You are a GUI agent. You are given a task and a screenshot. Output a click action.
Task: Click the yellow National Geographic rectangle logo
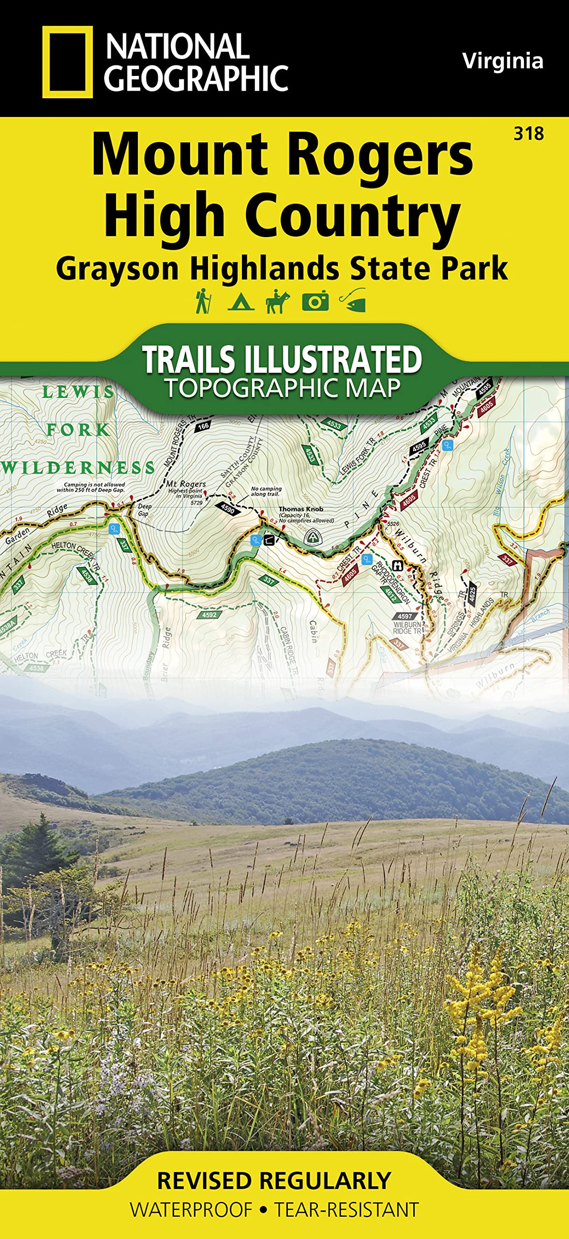pyautogui.click(x=67, y=62)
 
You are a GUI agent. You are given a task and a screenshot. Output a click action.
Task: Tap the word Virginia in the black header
pyautogui.click(x=502, y=61)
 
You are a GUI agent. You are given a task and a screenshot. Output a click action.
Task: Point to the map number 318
pyautogui.click(x=529, y=134)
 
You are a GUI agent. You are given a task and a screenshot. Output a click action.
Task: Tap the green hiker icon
pyautogui.click(x=202, y=301)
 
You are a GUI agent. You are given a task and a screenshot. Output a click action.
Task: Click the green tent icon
pyautogui.click(x=240, y=302)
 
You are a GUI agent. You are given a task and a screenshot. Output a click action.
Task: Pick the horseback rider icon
pyautogui.click(x=278, y=301)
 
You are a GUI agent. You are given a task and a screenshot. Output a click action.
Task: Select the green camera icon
pyautogui.click(x=315, y=301)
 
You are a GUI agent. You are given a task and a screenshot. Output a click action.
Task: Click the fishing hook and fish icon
pyautogui.click(x=353, y=301)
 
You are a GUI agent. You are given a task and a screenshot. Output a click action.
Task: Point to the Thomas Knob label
pyautogui.click(x=301, y=509)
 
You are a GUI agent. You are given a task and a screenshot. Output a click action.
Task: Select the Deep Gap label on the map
pyautogui.click(x=145, y=510)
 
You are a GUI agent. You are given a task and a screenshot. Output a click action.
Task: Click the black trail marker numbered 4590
pyautogui.click(x=227, y=509)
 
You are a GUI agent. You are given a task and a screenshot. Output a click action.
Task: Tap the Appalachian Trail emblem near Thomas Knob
pyautogui.click(x=313, y=536)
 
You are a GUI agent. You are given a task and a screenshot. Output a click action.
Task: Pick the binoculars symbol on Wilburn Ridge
pyautogui.click(x=398, y=565)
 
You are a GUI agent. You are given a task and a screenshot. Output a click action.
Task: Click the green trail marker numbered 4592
pyautogui.click(x=210, y=615)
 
